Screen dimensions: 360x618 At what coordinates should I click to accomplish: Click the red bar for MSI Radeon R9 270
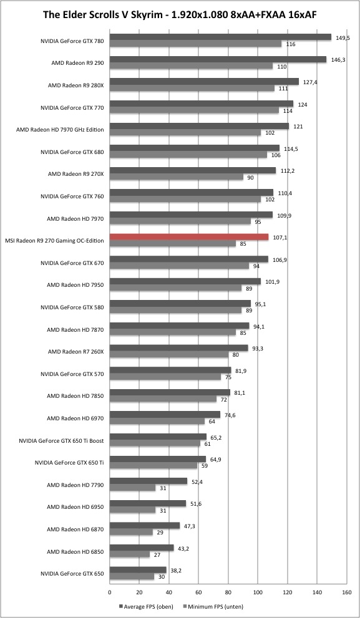pyautogui.click(x=189, y=237)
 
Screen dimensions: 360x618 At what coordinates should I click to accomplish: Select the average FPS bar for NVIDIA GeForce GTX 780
pyautogui.click(x=220, y=37)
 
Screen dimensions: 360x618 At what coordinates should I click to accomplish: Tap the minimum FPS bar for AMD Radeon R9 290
pyautogui.click(x=192, y=66)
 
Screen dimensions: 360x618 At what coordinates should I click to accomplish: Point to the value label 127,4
pyautogui.click(x=310, y=82)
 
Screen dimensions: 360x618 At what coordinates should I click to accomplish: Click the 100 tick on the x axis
pyautogui.click(x=258, y=591)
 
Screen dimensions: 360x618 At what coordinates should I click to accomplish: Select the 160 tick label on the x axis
pyautogui.click(x=347, y=591)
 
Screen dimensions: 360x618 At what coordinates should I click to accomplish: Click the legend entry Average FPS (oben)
pyautogui.click(x=146, y=607)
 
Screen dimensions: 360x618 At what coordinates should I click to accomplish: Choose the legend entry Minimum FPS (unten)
pyautogui.click(x=213, y=607)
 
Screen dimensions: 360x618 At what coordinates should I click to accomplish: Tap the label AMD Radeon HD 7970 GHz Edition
pyautogui.click(x=60, y=129)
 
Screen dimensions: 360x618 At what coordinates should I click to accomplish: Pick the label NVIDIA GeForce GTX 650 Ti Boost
pyautogui.click(x=61, y=441)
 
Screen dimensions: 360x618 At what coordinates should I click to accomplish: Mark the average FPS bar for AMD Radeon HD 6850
pyautogui.click(x=142, y=548)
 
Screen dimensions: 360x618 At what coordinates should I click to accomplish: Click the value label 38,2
pyautogui.click(x=176, y=570)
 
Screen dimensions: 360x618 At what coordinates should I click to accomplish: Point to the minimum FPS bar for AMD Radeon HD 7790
pyautogui.click(x=132, y=488)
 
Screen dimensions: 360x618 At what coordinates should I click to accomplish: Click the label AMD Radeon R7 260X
pyautogui.click(x=75, y=352)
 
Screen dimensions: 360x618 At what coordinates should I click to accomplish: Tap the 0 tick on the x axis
pyautogui.click(x=110, y=591)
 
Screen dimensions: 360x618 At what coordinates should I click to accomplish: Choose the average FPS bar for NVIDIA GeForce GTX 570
pyautogui.click(x=170, y=370)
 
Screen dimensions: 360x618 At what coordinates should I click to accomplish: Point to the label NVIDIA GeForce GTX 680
pyautogui.click(x=72, y=152)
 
